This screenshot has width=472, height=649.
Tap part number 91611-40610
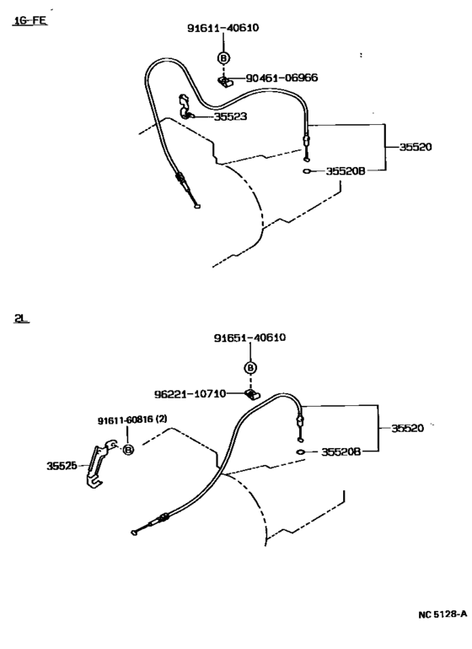pyautogui.click(x=223, y=28)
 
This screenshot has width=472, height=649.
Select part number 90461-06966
pyautogui.click(x=282, y=78)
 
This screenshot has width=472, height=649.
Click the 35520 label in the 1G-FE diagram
pyautogui.click(x=416, y=146)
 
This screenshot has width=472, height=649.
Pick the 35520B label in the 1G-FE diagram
pyautogui.click(x=346, y=170)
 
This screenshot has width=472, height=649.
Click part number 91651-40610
pyautogui.click(x=249, y=338)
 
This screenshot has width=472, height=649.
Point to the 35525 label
pyautogui.click(x=63, y=463)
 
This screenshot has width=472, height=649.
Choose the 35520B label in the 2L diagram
pyautogui.click(x=341, y=452)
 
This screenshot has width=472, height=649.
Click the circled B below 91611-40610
pyautogui.click(x=223, y=57)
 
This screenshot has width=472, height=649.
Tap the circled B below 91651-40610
pyautogui.click(x=250, y=367)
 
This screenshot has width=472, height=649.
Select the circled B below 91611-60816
pyautogui.click(x=128, y=449)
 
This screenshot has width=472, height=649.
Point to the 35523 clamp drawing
pyautogui.click(x=187, y=106)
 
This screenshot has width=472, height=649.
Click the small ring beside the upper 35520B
pyautogui.click(x=309, y=170)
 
